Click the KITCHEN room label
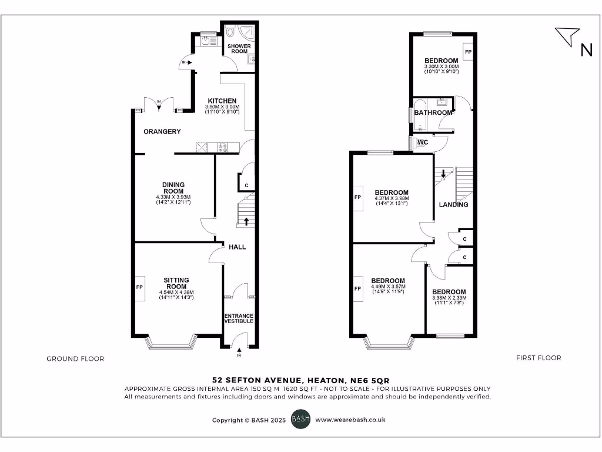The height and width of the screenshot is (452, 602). (222, 101)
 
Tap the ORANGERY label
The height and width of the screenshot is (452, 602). (162, 131)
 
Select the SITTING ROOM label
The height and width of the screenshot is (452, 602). (176, 283)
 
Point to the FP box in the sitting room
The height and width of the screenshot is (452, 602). (140, 288)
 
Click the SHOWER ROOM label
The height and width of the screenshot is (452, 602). (239, 48)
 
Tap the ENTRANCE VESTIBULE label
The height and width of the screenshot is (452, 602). (239, 318)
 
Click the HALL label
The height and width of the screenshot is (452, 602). (238, 247)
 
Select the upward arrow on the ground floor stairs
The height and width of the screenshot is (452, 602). (246, 221)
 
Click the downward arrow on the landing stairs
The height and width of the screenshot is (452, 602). (443, 174)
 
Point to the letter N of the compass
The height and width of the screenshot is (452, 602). (586, 51)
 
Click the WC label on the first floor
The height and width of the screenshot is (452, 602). (423, 142)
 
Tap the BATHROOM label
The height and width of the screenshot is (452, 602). (433, 112)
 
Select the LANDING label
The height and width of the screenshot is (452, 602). (454, 204)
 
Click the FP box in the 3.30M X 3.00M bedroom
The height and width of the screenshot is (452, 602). (468, 52)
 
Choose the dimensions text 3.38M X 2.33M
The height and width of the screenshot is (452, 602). (450, 298)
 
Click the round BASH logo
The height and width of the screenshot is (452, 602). (301, 420)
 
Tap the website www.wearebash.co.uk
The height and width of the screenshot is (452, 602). (350, 420)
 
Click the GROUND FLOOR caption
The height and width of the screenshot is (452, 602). (75, 358)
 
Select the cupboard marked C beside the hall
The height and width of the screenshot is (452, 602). (246, 184)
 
